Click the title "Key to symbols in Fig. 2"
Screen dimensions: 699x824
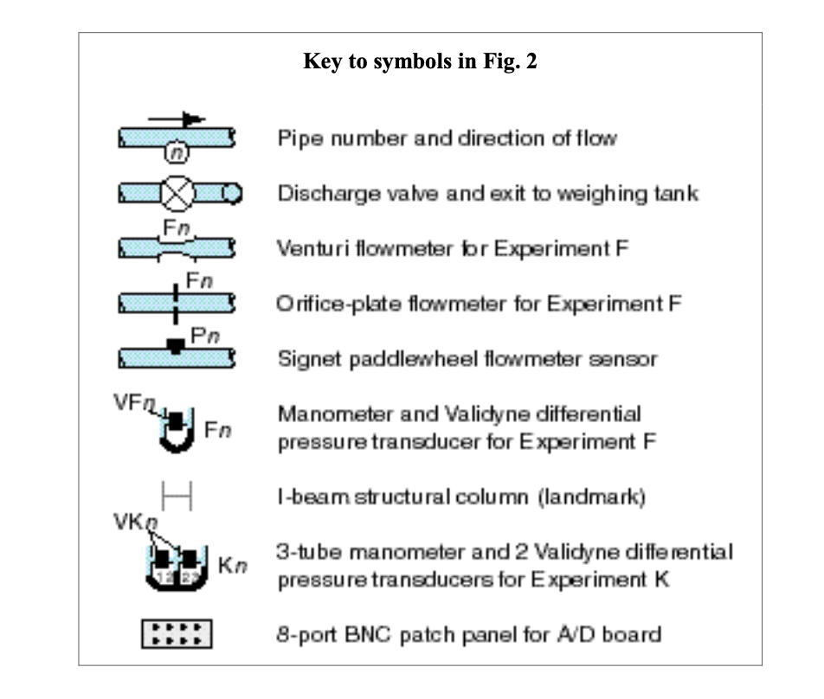pos(420,63)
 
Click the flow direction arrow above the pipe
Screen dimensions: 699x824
pos(177,119)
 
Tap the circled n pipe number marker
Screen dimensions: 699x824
pos(176,152)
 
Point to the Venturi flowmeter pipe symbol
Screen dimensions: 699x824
pos(177,248)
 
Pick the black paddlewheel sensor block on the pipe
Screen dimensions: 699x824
pos(176,346)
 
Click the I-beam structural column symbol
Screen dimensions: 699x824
pos(177,497)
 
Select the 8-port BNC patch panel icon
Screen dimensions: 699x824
pos(177,635)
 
